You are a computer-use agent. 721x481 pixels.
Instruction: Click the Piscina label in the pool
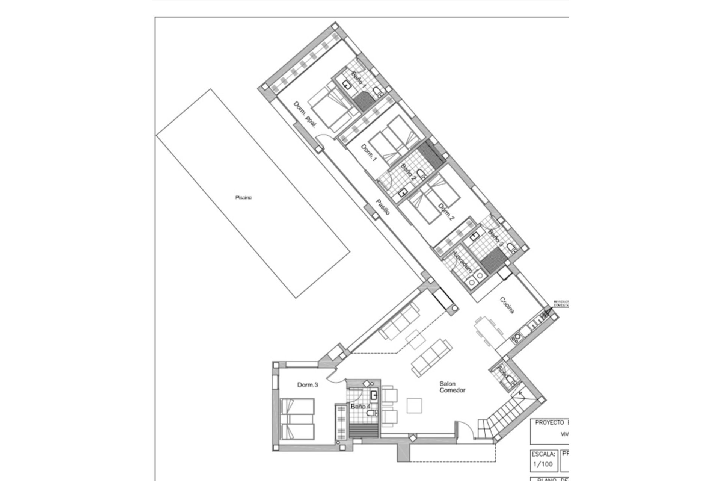[243, 198]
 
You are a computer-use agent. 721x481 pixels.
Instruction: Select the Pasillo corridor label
[383, 207]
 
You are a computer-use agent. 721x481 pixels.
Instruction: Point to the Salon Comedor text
[452, 387]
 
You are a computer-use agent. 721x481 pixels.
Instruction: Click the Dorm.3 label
[308, 385]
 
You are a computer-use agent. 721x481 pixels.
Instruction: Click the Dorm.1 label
[368, 153]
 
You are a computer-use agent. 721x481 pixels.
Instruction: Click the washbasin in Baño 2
[403, 193]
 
